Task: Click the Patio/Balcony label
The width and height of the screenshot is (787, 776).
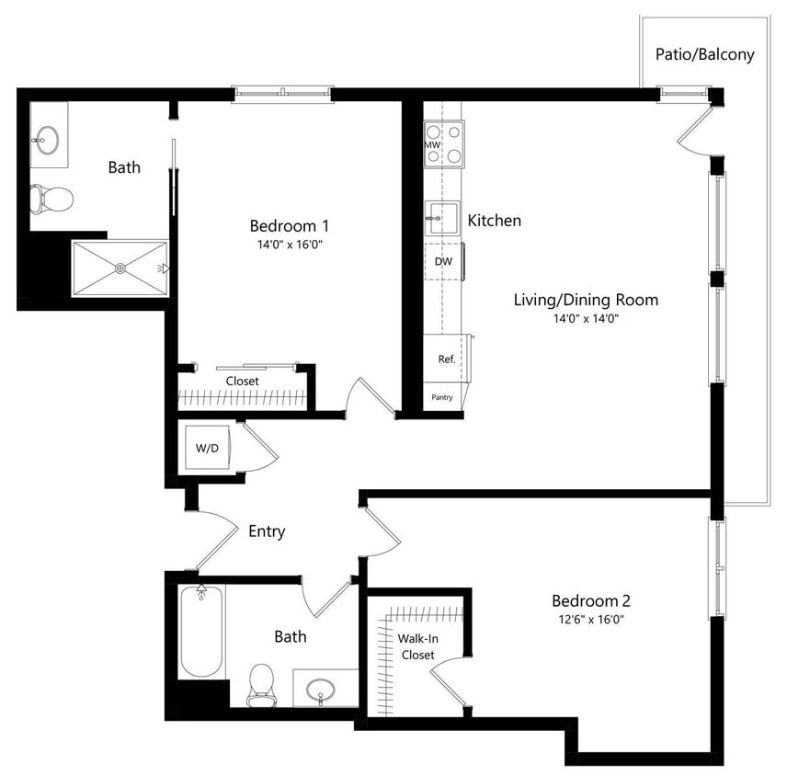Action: click(704, 54)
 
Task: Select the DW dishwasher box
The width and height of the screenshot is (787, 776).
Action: click(443, 262)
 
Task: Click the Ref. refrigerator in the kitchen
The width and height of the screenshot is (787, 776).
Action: click(447, 359)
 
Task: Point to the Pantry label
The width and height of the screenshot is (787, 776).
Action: click(442, 398)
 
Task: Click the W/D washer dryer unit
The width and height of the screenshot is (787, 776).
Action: click(207, 448)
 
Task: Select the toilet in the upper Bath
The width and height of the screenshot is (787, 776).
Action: click(51, 197)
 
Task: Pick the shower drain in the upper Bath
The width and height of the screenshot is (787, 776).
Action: click(120, 268)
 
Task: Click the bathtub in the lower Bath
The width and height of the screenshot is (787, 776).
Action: click(201, 632)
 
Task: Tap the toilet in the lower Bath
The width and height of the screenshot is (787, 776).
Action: click(262, 684)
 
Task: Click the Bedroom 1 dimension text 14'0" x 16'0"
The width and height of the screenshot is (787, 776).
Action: click(290, 245)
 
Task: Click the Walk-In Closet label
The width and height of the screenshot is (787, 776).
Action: click(416, 645)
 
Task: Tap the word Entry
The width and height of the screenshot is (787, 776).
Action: click(267, 531)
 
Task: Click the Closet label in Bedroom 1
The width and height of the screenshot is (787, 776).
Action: click(242, 381)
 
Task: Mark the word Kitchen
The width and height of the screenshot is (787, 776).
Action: click(495, 221)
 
